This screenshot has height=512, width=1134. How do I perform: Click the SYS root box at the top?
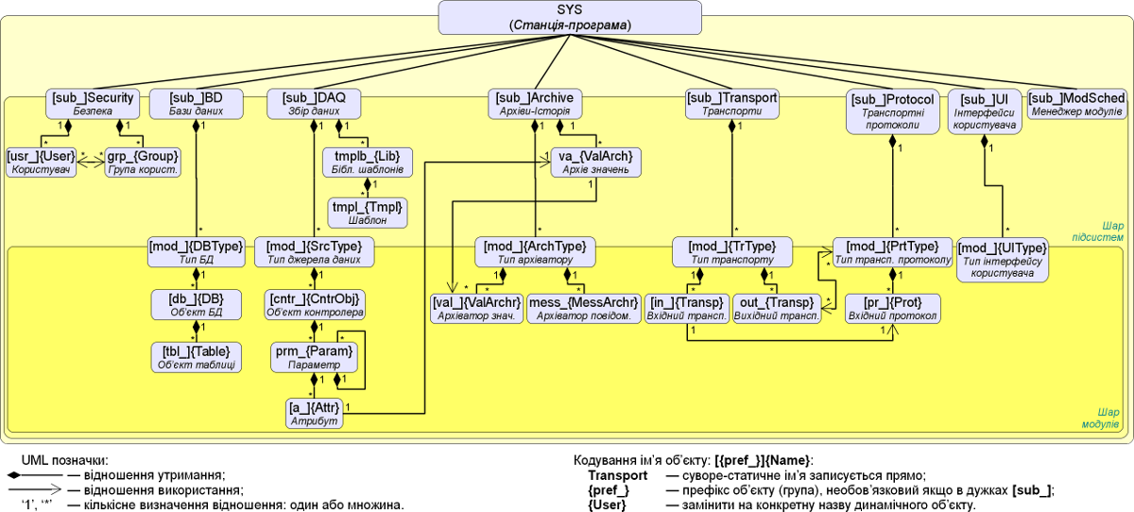tap(569, 16)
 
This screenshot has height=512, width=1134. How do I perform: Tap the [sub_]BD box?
tap(197, 104)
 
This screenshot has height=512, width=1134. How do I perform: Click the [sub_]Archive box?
tap(535, 104)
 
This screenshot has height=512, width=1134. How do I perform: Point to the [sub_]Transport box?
tap(731, 104)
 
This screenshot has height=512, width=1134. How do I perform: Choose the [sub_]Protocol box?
tap(892, 111)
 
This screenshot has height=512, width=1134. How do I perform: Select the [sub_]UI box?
tap(985, 111)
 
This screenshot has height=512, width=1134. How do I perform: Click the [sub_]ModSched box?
tap(1075, 104)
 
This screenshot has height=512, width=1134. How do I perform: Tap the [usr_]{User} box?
tap(42, 162)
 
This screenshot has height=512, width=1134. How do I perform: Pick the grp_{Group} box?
tap(143, 162)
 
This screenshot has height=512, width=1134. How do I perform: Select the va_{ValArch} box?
tap(595, 162)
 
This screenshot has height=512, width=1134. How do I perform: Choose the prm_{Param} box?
tap(314, 356)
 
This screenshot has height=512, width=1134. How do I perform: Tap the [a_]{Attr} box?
tap(314, 414)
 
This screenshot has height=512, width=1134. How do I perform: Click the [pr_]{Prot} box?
tap(892, 308)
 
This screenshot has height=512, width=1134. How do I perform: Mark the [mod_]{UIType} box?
tap(1003, 259)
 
